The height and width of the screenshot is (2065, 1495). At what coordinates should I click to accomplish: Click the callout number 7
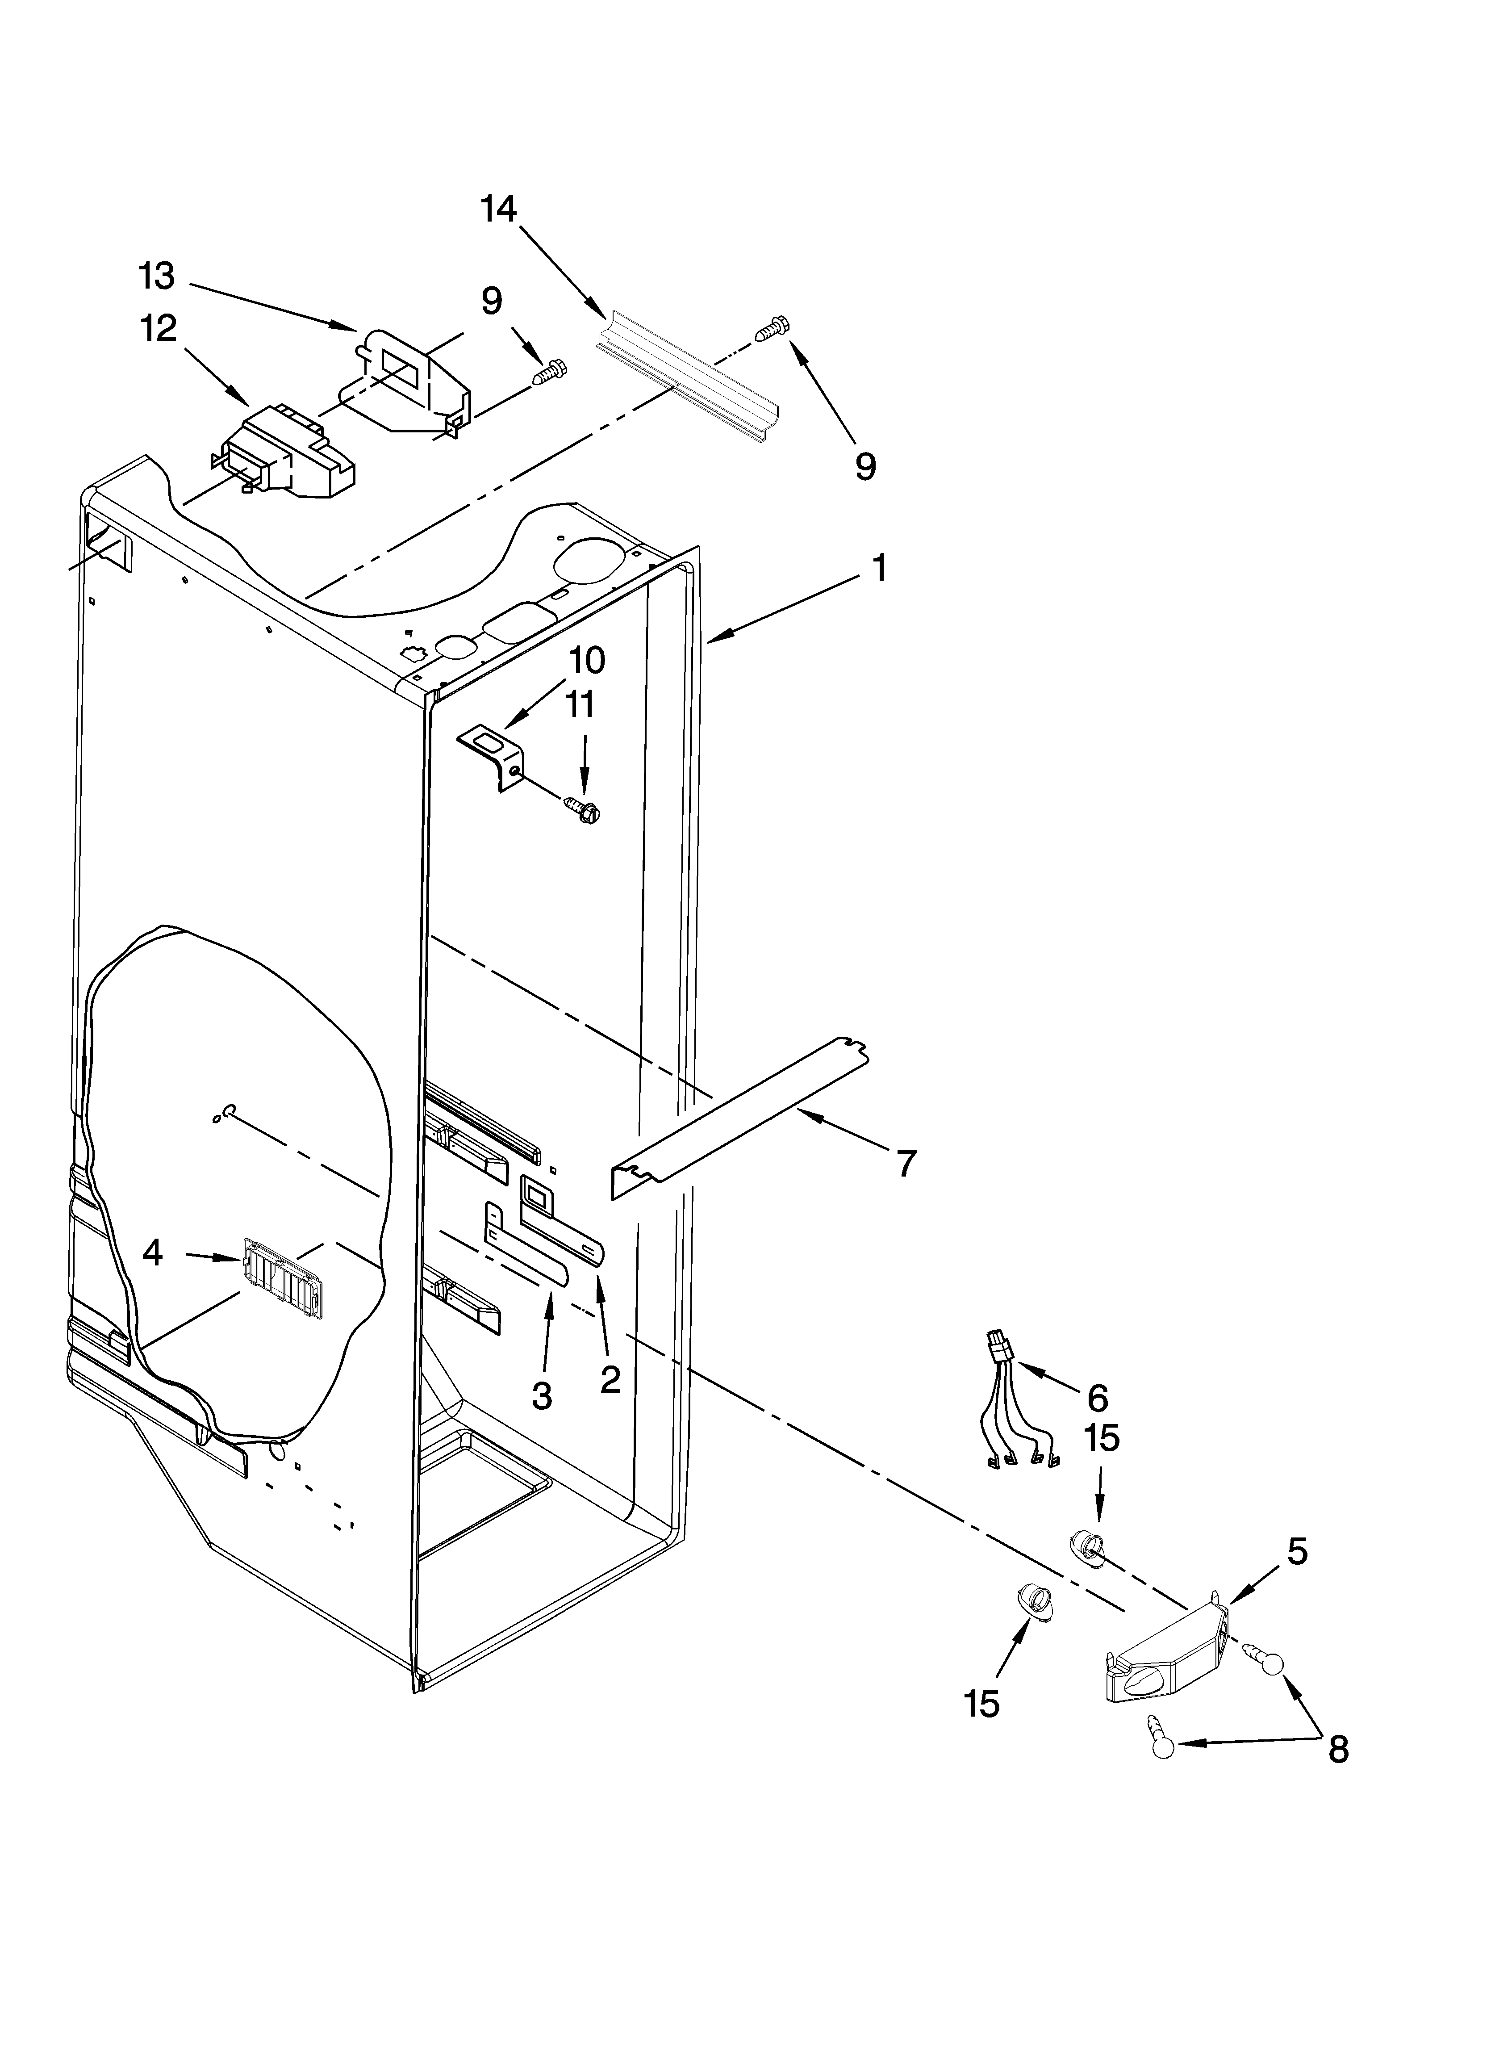click(905, 1164)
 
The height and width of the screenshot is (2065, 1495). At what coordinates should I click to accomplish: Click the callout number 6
click(1097, 1397)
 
